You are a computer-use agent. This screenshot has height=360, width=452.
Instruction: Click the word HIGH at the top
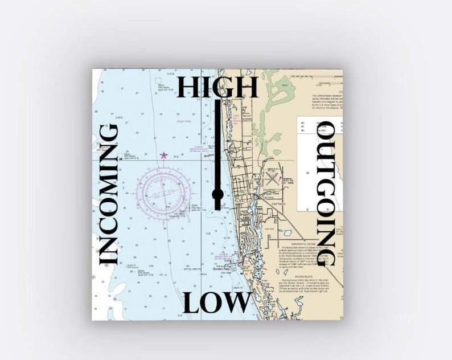pos(218,87)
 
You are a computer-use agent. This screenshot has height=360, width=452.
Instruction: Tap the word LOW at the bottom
pos(217,302)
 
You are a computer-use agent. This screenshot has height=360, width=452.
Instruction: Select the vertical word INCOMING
pos(108,194)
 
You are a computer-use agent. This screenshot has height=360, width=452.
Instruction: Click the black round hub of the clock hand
pos(217,195)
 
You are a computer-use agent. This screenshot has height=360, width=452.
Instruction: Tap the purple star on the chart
pos(164,155)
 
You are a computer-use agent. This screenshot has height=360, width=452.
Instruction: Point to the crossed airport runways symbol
pos(272,179)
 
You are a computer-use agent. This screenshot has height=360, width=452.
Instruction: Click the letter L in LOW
pos(192,302)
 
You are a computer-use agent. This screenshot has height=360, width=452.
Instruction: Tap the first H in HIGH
pos(187,87)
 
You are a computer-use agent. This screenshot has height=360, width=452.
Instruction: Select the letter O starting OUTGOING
pos(328,132)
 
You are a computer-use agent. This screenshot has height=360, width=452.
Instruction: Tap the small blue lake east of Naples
pos(287,232)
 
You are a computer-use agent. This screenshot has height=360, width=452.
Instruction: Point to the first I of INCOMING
pos(108,259)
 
